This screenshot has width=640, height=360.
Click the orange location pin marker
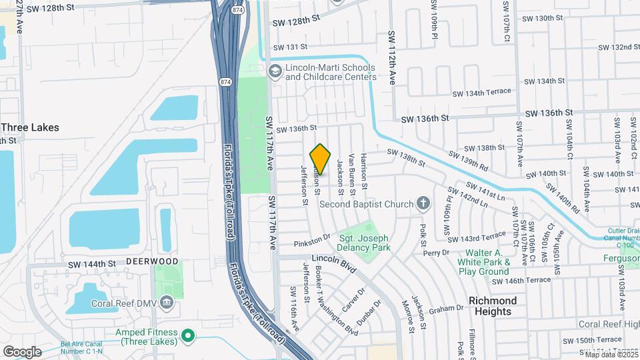click(x=321, y=159)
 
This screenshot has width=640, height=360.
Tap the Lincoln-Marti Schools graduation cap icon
click(x=274, y=71)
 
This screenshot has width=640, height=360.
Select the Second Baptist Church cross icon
click(x=422, y=203)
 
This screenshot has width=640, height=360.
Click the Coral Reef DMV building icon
click(x=167, y=303)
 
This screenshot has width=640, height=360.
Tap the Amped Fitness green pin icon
click(x=189, y=336)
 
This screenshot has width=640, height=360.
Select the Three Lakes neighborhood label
click(x=30, y=127)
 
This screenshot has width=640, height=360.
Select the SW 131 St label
click(x=290, y=47)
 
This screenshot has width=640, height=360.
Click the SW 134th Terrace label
click(x=481, y=92)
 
